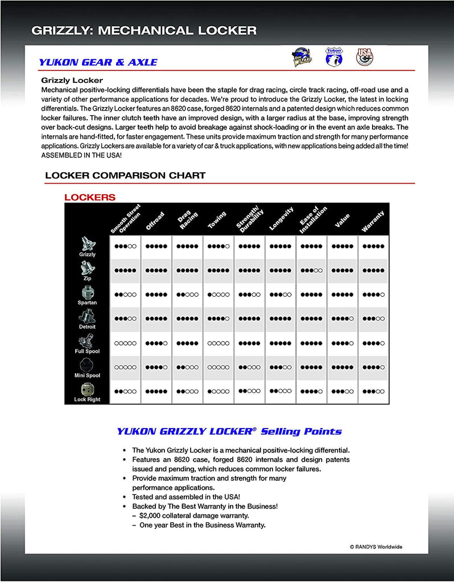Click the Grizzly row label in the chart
pos(88,254)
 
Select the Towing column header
pos(217,220)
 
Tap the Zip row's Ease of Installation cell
pos(311,271)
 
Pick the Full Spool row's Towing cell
pos(218,343)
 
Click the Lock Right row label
pos(87,399)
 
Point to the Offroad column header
pos(155,221)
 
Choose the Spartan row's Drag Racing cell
pos(187,294)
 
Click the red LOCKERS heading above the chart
pos(90,198)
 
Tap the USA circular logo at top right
pos(364,57)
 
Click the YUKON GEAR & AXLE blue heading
pos(98,62)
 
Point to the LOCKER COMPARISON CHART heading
pos(125,175)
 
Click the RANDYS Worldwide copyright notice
pos(375,547)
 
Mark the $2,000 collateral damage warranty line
pos(194,516)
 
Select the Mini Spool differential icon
pos(87,364)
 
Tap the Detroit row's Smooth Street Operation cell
pos(125,319)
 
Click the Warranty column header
pos(373,221)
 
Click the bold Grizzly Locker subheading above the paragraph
pos(72,80)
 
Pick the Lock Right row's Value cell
pos(342,392)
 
